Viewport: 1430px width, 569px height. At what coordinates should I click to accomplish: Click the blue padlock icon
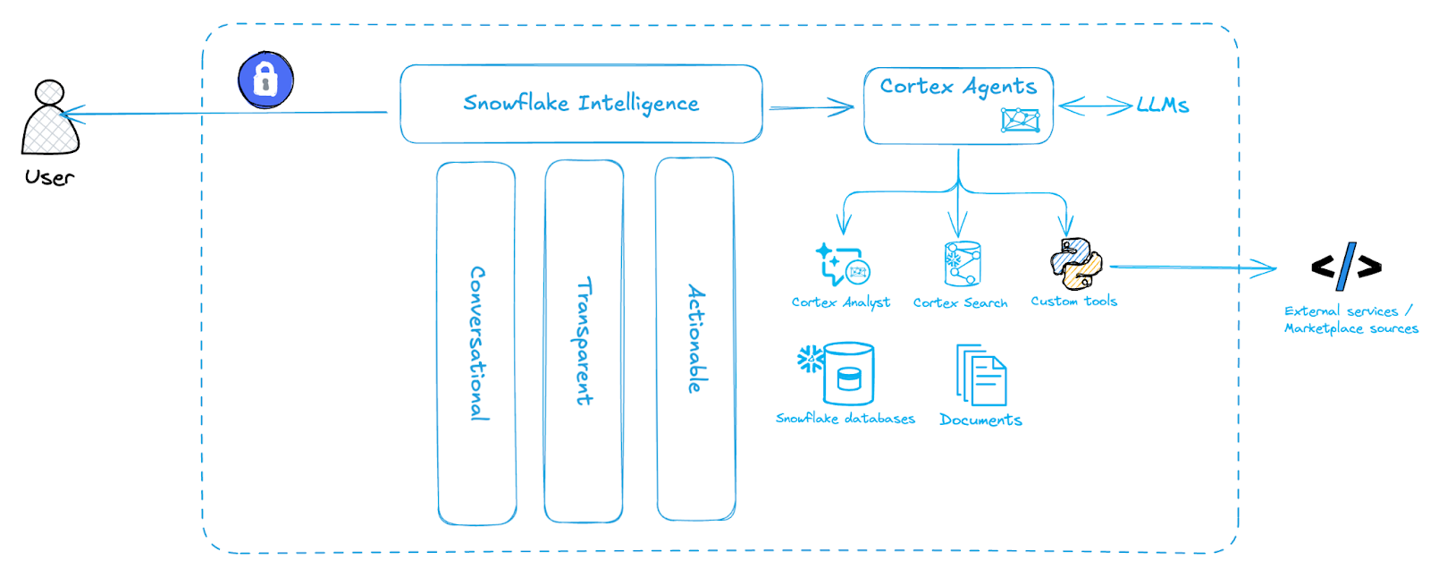pos(265,80)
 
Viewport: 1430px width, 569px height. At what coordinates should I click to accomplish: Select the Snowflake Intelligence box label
pos(581,104)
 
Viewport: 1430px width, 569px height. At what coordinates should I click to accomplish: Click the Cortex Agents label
pos(958,87)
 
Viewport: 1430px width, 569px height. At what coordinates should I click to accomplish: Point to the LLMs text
pos(1163,106)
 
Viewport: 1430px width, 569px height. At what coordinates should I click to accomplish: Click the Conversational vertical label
pos(478,343)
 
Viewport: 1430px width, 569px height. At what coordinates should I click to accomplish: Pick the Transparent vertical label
pos(584,341)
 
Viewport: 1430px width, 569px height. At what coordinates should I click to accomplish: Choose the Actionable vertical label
pos(696,338)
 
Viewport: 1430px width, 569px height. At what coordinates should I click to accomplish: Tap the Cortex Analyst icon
pos(842,265)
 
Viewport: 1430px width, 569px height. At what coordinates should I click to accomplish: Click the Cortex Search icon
pos(963,264)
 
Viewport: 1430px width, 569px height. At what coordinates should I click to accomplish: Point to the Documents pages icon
pos(981,376)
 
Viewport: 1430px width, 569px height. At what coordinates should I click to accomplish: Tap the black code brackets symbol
pos(1346,266)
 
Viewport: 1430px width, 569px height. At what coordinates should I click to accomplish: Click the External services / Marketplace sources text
pos(1350,319)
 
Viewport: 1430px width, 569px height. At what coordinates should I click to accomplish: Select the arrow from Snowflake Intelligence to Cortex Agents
pos(811,108)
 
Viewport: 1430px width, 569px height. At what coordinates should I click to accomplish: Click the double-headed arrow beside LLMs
pos(1095,106)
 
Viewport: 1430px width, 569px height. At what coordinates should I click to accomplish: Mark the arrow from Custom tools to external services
pos(1193,268)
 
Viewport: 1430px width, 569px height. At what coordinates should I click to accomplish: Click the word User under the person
pos(50,177)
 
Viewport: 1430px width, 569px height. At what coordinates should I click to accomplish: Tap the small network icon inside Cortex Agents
pos(1020,120)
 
